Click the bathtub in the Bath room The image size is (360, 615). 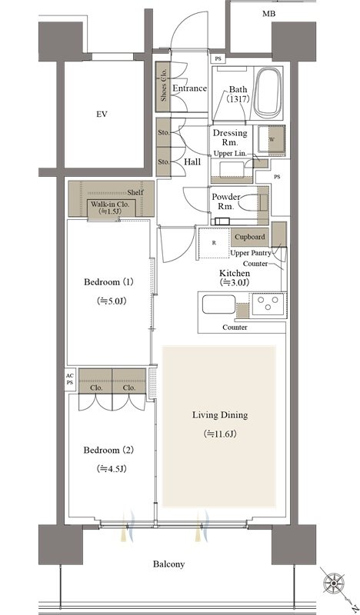[x=268, y=93]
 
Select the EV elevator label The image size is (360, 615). [x=102, y=115]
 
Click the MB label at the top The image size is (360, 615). [x=269, y=14]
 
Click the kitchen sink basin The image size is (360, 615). [x=218, y=304]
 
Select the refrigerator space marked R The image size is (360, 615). [x=214, y=243]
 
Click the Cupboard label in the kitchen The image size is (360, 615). [x=250, y=237]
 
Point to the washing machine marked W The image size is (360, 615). [x=272, y=140]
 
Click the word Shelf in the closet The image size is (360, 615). [x=135, y=193]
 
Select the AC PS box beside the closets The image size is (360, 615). [x=69, y=379]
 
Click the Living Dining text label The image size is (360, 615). [x=220, y=415]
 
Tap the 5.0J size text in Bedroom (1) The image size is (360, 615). [x=111, y=301]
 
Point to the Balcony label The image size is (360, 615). [x=168, y=564]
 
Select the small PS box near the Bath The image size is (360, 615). [x=218, y=58]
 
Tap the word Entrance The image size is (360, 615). [x=190, y=88]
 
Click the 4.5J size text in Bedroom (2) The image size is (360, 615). [x=111, y=469]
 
